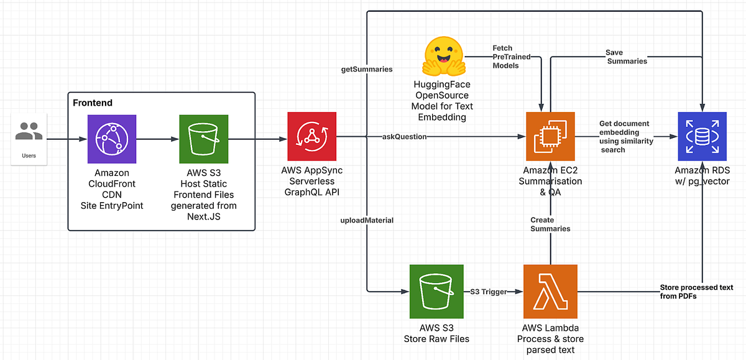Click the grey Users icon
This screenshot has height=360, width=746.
click(29, 131)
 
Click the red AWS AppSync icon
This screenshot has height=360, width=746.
click(311, 136)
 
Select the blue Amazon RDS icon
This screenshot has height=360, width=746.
click(702, 136)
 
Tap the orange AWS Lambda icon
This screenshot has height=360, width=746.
click(550, 290)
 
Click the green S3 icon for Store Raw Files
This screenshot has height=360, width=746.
click(436, 290)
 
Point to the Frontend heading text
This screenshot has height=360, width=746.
click(93, 103)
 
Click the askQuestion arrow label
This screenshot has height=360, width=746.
click(404, 136)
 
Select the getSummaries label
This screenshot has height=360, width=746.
click(367, 69)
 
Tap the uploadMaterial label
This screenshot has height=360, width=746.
click(367, 220)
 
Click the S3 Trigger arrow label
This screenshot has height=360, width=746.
click(489, 291)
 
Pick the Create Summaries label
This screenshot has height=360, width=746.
click(550, 224)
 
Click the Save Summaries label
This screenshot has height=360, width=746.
click(627, 57)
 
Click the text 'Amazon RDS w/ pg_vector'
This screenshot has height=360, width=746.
click(704, 175)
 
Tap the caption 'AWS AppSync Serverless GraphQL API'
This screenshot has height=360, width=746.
click(311, 180)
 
